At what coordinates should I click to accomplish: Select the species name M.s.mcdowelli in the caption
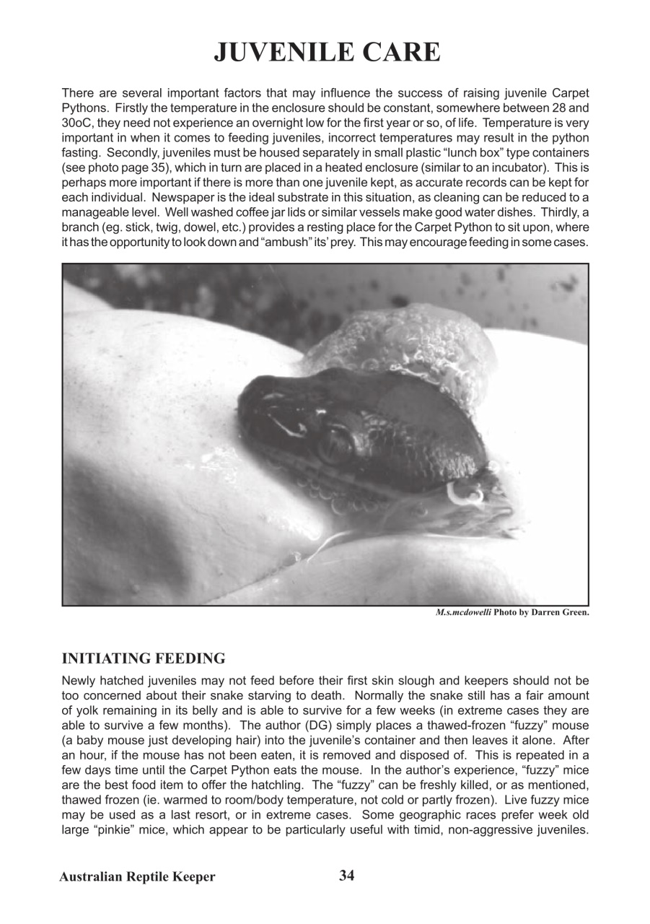pyautogui.click(x=463, y=612)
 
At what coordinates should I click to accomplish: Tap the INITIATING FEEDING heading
pyautogui.click(x=144, y=658)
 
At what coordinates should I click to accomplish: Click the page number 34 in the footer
pyautogui.click(x=347, y=876)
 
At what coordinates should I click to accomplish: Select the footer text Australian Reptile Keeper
pyautogui.click(x=137, y=877)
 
